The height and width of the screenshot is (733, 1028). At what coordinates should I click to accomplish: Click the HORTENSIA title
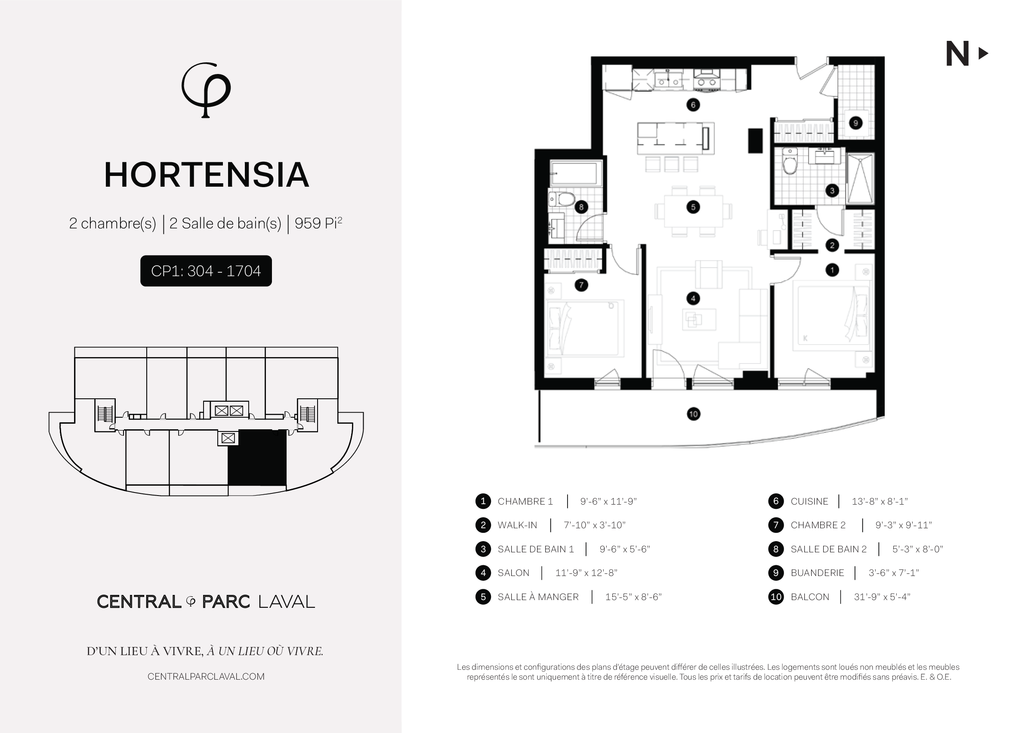pos(206,175)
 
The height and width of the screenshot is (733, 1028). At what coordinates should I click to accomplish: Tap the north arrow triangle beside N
pos(983,54)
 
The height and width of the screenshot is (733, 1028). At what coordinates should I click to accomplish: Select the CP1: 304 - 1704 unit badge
pos(206,271)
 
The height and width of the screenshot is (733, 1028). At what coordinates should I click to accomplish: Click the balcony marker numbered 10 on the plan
pos(694,414)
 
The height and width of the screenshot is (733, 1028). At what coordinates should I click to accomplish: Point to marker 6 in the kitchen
pos(693,105)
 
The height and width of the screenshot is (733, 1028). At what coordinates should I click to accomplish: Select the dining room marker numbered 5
pos(693,207)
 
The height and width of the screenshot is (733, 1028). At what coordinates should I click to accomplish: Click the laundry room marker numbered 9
pos(855,123)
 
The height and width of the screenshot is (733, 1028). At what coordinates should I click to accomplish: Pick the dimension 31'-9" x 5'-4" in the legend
pos(882,597)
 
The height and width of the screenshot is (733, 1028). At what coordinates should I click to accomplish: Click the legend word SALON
pos(513,573)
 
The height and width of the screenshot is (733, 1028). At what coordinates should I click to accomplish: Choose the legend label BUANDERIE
pos(817,573)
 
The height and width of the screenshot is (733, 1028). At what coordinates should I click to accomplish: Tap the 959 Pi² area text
pos(318,223)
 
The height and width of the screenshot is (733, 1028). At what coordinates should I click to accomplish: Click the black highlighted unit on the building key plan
pos(257,458)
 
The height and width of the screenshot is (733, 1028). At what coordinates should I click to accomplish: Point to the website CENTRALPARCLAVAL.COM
pos(206,677)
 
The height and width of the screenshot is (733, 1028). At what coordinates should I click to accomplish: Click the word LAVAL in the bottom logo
pos(286,602)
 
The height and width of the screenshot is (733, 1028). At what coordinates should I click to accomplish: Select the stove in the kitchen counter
pos(707,80)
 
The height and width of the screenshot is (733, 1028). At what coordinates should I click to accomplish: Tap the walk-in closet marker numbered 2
pos(832,246)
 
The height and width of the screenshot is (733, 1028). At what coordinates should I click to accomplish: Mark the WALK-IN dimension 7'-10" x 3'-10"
pos(595,525)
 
